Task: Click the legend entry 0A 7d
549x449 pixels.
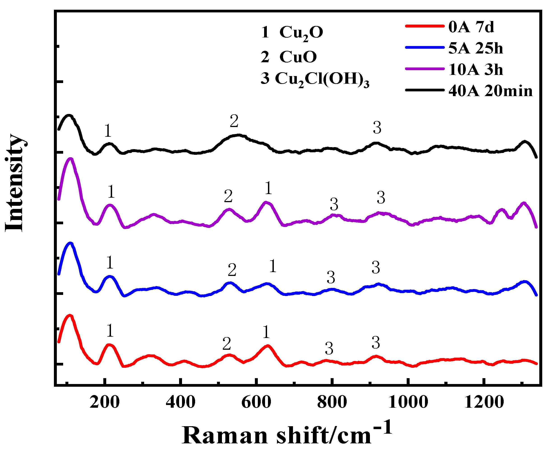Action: coord(471,27)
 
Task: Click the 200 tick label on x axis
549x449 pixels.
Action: coord(104,403)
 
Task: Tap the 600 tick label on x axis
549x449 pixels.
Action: coord(256,403)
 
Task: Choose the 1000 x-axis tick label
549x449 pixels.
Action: coord(408,403)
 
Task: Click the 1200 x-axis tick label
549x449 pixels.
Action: coord(484,403)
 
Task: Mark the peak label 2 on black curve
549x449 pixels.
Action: coord(234,121)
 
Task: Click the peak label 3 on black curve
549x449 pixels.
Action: coord(377,128)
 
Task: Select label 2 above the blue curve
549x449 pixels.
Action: coord(232,270)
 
